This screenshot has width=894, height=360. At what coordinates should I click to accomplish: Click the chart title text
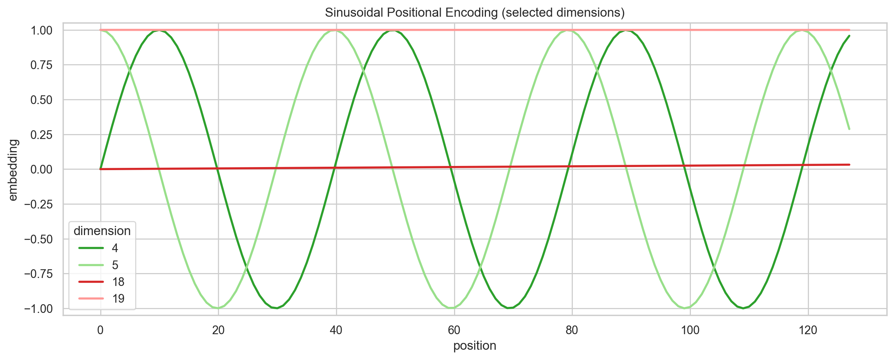click(475, 13)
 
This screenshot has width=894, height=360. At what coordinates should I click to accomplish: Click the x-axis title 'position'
click(475, 346)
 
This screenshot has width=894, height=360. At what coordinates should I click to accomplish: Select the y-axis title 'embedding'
click(13, 170)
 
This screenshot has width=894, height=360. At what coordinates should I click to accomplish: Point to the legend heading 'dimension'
click(102, 231)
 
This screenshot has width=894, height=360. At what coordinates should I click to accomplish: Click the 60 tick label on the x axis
click(454, 330)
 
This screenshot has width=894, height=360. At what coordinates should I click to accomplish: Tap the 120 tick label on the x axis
click(808, 330)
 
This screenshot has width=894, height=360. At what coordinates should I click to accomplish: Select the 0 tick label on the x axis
click(100, 330)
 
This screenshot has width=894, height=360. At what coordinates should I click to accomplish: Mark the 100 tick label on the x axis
click(690, 330)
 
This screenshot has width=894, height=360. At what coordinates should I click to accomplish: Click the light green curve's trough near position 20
click(218, 308)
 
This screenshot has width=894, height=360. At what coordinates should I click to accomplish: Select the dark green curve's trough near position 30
click(277, 308)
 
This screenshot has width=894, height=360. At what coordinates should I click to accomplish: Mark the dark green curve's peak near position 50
click(395, 30)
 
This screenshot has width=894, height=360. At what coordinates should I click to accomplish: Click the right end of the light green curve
click(849, 129)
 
